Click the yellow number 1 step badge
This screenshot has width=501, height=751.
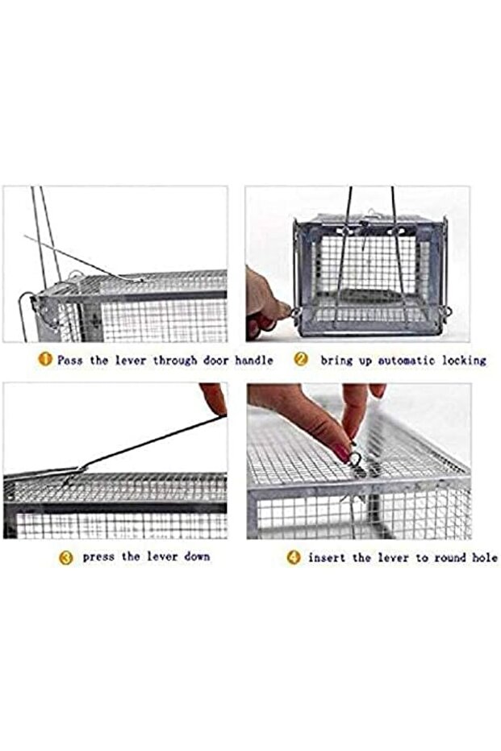(44, 359)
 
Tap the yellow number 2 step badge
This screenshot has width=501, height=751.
(301, 359)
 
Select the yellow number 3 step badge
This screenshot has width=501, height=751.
(65, 557)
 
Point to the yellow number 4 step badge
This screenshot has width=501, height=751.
(294, 557)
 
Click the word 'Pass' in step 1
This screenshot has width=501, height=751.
(70, 360)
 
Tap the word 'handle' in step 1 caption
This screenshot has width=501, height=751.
(254, 360)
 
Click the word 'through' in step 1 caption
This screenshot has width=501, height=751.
(175, 360)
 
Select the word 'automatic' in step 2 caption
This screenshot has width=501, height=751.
(407, 360)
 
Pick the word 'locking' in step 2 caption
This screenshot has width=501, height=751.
(464, 360)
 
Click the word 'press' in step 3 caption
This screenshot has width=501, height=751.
(98, 557)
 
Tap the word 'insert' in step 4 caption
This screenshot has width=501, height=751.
(327, 558)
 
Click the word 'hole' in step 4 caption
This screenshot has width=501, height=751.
(485, 558)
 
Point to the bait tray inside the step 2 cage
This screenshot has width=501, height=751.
(372, 295)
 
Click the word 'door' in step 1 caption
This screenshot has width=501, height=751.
(215, 360)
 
